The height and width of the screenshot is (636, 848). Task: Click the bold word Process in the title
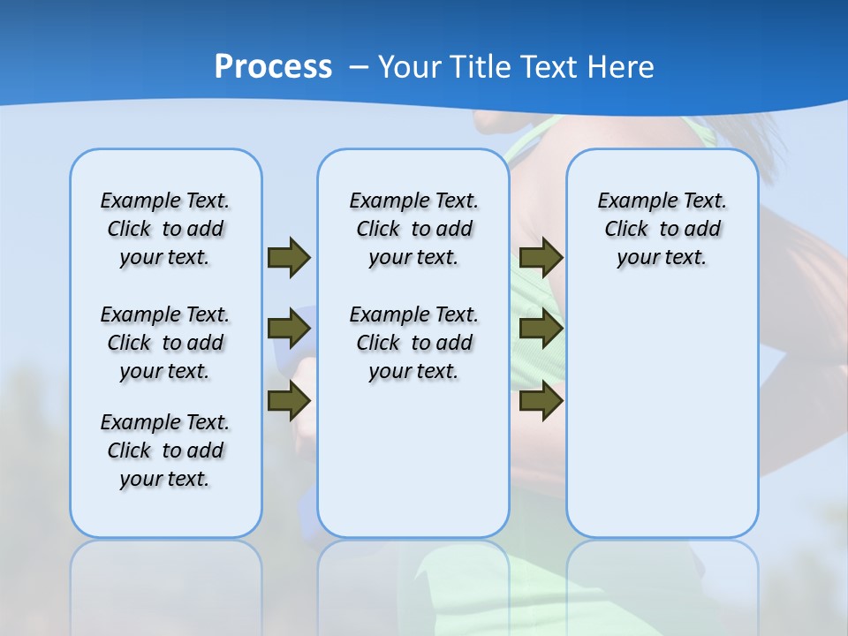click(x=273, y=67)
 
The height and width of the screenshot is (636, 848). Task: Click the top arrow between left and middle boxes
click(x=289, y=257)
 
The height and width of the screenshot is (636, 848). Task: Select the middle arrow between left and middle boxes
click(x=289, y=329)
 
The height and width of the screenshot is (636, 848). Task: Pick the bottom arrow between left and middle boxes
click(x=289, y=401)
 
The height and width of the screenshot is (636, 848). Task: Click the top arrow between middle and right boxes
click(x=541, y=257)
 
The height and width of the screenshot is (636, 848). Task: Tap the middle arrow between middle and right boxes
click(x=541, y=329)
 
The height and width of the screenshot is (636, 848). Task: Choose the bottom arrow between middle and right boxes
click(x=541, y=401)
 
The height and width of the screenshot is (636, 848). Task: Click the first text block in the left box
click(x=165, y=229)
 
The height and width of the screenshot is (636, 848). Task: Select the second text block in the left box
click(x=165, y=343)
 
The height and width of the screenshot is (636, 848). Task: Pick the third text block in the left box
click(x=165, y=450)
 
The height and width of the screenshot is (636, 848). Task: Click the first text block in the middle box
click(x=413, y=229)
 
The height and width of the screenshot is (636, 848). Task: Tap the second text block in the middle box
click(x=413, y=343)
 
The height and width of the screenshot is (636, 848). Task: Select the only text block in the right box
click(x=662, y=229)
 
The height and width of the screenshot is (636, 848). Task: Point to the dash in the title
click(x=358, y=67)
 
